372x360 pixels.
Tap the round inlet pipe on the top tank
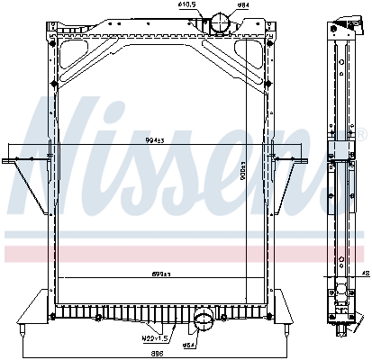[219, 24]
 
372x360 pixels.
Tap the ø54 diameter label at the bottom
[190, 345]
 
